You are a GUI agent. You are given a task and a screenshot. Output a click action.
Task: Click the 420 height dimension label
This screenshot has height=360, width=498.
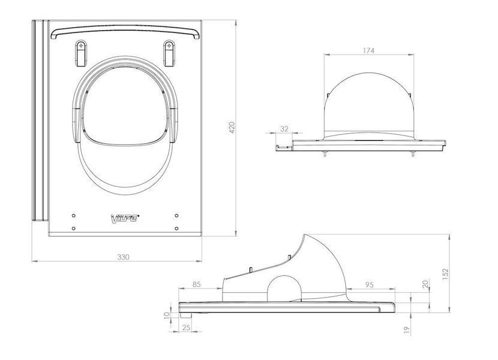[232, 127]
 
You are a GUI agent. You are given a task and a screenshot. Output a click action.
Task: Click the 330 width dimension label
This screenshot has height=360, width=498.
[123, 257]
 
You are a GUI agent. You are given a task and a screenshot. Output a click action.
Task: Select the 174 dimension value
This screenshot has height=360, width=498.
[368, 50]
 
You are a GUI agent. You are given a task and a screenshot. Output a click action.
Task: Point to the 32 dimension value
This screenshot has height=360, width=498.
[284, 128]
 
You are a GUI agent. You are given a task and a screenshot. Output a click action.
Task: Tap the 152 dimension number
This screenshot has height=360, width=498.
[445, 274]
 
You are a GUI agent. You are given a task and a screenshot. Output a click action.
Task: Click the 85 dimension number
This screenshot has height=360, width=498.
[197, 284]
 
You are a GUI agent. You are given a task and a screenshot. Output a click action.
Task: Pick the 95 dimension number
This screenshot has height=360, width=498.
[370, 284]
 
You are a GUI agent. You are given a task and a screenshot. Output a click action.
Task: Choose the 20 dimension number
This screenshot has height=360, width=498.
[425, 283]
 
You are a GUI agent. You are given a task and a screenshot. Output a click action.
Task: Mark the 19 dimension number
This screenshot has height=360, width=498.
[407, 330]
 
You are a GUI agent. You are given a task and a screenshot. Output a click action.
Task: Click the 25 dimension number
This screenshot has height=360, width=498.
[187, 327]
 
